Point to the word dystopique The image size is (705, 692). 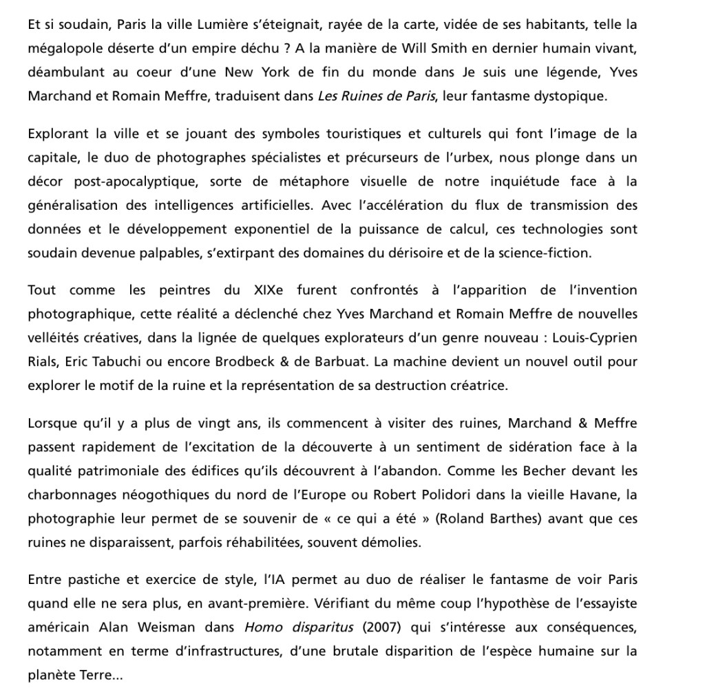pos(574,96)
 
